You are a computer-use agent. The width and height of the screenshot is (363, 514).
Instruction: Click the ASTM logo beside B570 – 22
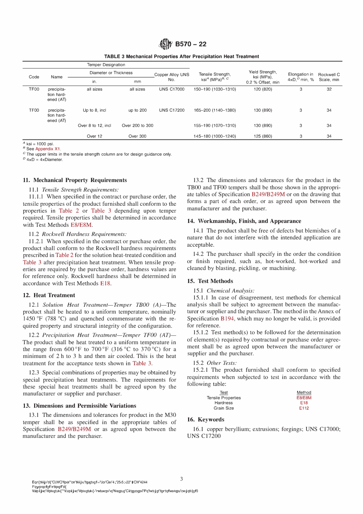click(165, 44)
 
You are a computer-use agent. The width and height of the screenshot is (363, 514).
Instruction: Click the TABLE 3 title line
click(181, 56)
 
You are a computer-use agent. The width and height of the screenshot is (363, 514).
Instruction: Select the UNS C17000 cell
click(172, 89)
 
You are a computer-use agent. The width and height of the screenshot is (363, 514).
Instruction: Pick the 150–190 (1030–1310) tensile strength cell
click(215, 89)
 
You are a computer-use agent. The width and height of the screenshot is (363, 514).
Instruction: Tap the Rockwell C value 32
click(329, 89)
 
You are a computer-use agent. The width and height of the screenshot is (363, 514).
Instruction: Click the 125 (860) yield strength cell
click(263, 136)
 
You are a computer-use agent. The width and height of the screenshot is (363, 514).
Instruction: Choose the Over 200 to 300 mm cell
click(138, 125)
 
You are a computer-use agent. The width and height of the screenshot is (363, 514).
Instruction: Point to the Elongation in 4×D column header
click(301, 77)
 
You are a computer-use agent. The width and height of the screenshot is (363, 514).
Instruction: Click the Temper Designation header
click(106, 65)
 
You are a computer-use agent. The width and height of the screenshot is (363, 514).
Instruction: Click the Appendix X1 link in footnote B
click(47, 149)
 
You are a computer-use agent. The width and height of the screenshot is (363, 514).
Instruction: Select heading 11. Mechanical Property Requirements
click(75, 180)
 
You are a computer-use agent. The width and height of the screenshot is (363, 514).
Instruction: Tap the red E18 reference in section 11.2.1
click(105, 283)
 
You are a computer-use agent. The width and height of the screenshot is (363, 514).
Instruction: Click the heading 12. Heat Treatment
click(49, 295)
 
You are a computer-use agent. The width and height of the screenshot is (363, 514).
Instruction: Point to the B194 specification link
click(227, 319)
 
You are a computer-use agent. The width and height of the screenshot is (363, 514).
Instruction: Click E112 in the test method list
click(304, 408)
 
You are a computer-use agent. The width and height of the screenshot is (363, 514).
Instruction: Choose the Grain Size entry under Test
click(224, 408)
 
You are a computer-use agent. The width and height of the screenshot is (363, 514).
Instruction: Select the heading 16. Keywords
click(206, 420)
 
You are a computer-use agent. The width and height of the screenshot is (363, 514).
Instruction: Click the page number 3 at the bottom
click(181, 479)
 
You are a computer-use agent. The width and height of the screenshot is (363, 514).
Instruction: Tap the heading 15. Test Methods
click(210, 281)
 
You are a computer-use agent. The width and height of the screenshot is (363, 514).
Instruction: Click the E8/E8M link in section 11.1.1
click(81, 225)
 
